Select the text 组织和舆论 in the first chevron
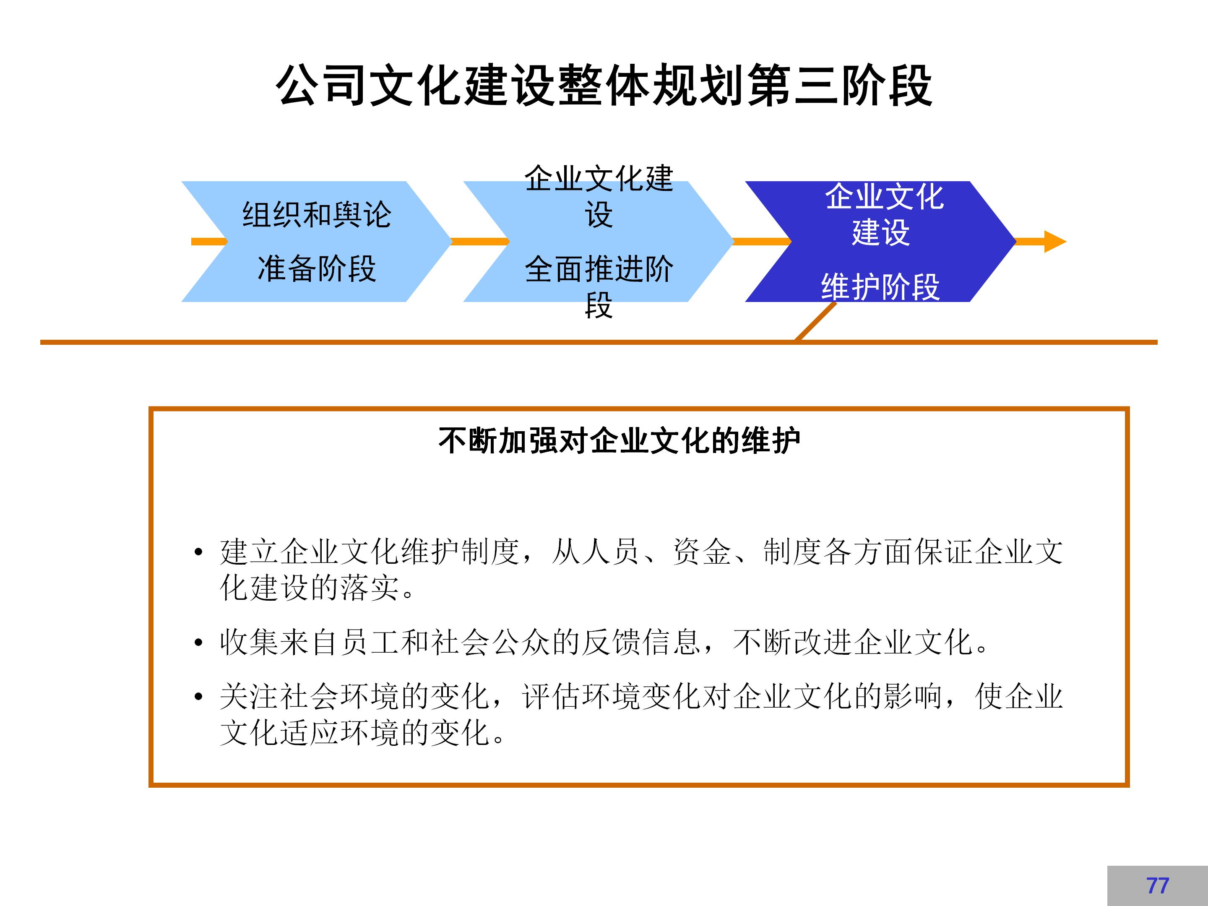317,215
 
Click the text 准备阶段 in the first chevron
317,269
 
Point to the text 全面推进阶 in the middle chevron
599,269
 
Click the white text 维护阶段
880,287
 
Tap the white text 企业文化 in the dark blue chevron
884,197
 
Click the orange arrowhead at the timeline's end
1054,241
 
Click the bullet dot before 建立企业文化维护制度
198,552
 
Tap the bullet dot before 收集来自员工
198,643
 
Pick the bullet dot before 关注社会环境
198,697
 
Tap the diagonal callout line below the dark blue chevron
815,321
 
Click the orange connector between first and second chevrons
479,241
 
